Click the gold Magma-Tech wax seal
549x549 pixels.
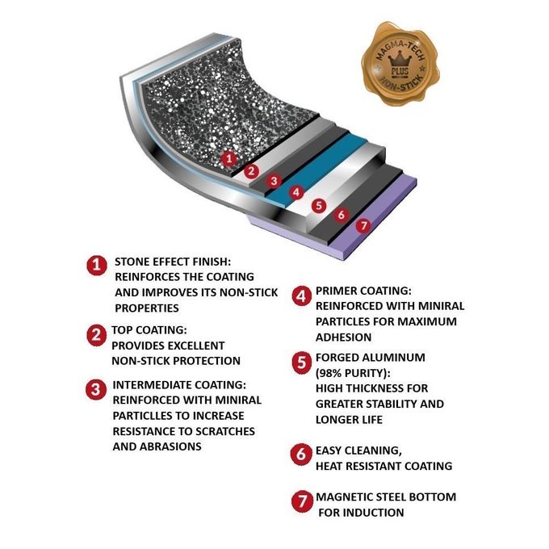point(400,63)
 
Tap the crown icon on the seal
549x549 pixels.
point(400,61)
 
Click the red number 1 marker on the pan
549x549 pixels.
point(229,158)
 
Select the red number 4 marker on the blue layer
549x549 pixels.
point(296,192)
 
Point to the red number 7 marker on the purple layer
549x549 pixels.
point(363,225)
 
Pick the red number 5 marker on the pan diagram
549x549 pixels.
point(319,206)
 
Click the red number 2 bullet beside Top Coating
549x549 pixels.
point(96,335)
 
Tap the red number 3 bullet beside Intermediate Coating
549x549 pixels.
point(95,390)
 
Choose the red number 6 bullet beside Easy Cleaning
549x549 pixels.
point(301,455)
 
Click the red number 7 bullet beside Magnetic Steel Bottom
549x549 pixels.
point(302,501)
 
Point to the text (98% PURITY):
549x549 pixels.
point(353,373)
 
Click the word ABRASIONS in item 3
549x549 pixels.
point(170,446)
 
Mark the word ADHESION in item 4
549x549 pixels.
point(343,337)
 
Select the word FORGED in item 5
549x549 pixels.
point(337,358)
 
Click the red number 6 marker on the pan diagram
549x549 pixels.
point(342,215)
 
